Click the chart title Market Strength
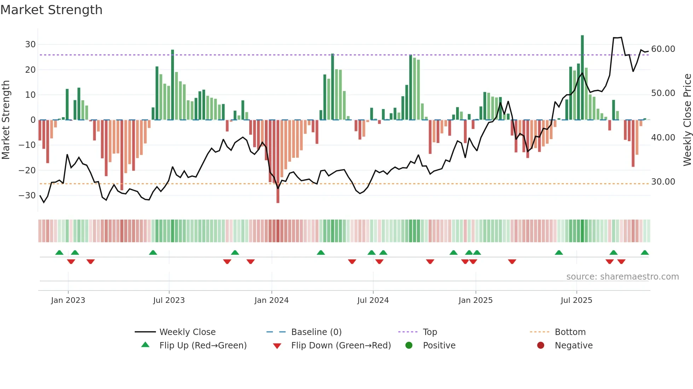[51, 10]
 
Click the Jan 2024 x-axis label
[271, 300]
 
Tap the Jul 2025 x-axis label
[576, 300]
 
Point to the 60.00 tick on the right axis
[663, 49]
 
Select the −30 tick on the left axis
[27, 196]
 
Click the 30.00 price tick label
[663, 182]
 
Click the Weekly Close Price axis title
[687, 120]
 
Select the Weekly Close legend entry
[187, 332]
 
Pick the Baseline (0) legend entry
[316, 332]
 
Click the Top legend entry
[430, 332]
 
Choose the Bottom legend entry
[570, 332]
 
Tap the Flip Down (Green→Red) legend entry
[340, 346]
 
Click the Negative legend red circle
[541, 346]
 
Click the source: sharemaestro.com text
[622, 277]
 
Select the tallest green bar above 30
[582, 78]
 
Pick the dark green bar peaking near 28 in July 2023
[173, 85]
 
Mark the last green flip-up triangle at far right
[645, 253]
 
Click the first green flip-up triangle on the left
[59, 253]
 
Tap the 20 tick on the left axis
[30, 70]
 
